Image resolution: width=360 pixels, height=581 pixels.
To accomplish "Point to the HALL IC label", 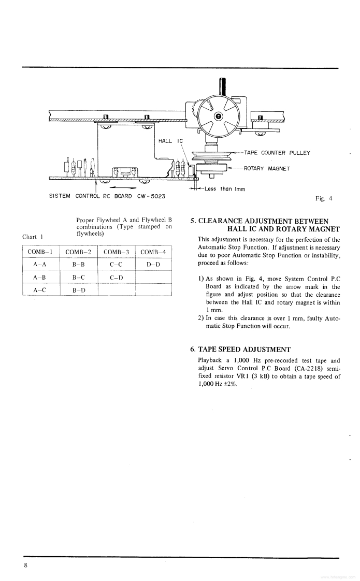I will [171, 141].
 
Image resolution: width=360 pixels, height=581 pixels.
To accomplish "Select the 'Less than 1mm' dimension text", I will [224, 189].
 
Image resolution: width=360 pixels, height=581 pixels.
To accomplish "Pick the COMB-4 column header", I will [153, 252].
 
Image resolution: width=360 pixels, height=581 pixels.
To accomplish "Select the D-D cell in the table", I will [153, 265].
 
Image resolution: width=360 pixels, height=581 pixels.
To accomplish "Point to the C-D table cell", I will [116, 277].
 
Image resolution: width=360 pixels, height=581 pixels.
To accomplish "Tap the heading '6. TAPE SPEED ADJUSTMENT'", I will [240, 350].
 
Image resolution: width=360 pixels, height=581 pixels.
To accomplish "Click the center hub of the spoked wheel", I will [218, 116].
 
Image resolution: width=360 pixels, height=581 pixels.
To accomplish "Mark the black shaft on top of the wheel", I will [222, 85].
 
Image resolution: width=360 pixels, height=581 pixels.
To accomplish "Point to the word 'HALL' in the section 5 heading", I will [239, 229].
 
